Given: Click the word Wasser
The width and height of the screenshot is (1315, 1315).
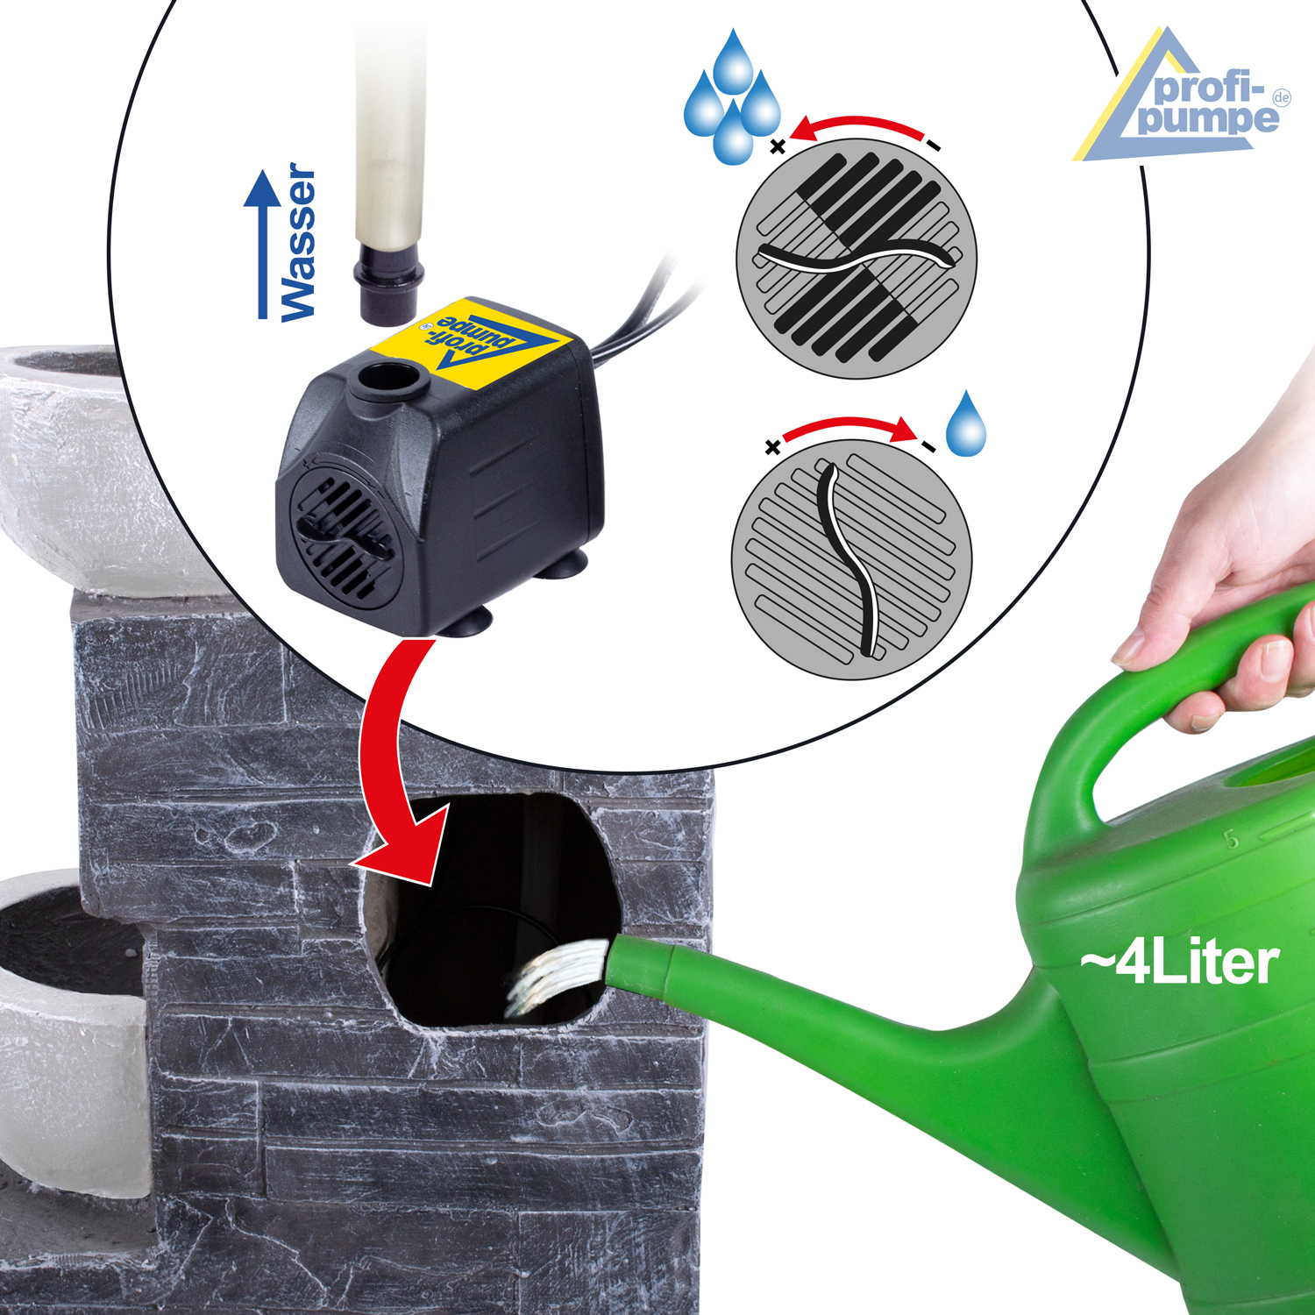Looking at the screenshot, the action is [x=298, y=242].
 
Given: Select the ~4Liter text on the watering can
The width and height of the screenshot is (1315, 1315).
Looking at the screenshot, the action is [x=1179, y=963].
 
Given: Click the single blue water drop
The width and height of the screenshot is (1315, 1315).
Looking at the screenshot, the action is [x=966, y=424].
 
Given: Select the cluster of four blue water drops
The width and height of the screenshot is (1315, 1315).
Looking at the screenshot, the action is [x=732, y=98].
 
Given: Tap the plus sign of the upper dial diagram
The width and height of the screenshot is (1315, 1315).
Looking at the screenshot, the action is [x=777, y=146].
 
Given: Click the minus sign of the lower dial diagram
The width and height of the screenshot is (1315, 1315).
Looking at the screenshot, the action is [x=928, y=446].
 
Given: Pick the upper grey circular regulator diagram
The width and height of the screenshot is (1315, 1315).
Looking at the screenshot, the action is [x=857, y=259].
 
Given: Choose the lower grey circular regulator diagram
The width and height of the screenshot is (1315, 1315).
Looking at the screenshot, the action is [x=851, y=560].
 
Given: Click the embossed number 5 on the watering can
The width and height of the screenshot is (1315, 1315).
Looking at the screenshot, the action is [x=1232, y=839].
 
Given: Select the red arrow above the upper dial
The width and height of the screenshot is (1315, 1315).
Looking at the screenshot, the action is [x=859, y=120].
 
